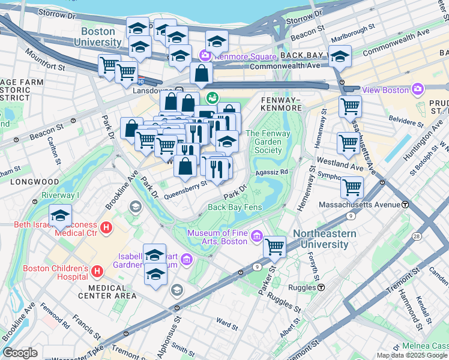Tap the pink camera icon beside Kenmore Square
point(205,55)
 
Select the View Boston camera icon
point(418,89)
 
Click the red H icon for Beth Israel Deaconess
point(107,227)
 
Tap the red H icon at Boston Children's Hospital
point(97,272)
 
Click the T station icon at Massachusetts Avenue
point(405,205)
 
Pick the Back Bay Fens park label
point(235,207)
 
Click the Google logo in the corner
point(20,353)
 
